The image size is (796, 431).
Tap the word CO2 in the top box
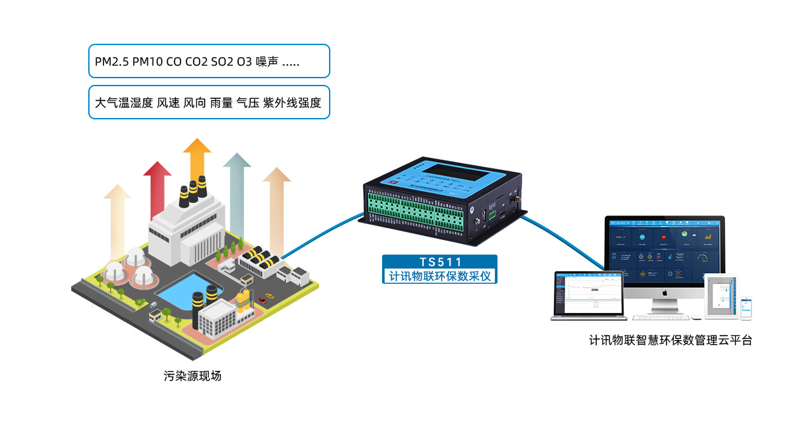tap(196, 62)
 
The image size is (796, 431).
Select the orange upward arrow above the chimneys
tap(197, 159)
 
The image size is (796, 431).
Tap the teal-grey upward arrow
tap(236, 186)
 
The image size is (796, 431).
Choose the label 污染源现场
tap(192, 376)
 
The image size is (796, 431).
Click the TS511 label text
tap(440, 262)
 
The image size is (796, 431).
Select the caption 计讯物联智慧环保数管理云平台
tap(671, 341)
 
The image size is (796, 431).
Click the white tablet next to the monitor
tap(721, 296)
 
